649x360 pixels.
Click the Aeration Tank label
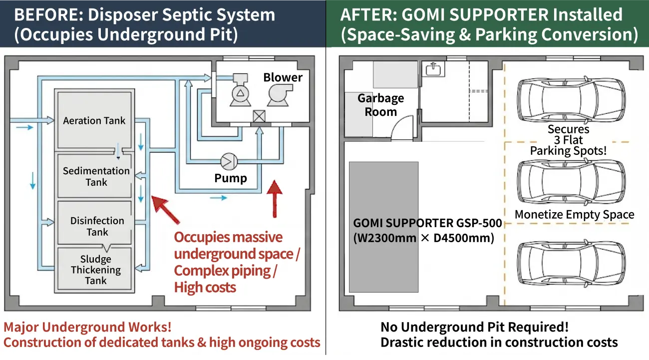click(94, 120)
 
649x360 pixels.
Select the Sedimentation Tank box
click(96, 176)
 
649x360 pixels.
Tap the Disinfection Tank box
click(96, 226)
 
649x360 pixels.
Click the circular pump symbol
click(229, 161)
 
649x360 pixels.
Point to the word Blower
click(283, 77)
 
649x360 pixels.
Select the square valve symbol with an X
click(259, 116)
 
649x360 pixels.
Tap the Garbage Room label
click(380, 105)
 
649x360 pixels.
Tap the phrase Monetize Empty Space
click(574, 215)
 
